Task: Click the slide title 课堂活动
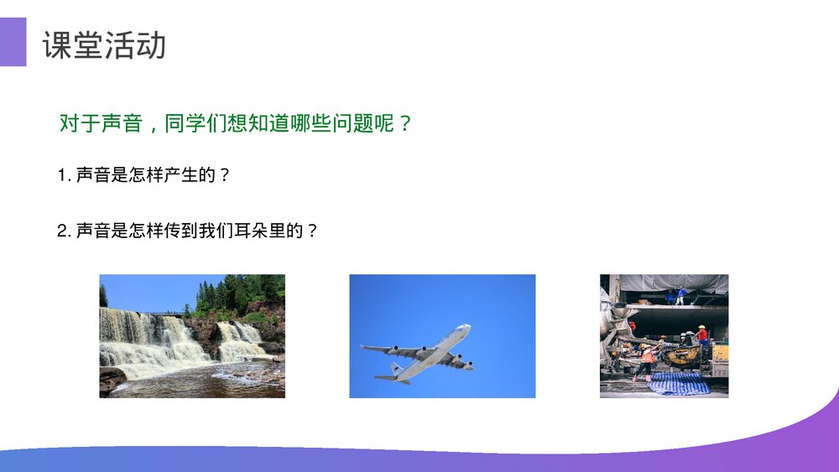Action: [x=104, y=45]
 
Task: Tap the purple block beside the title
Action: [x=13, y=42]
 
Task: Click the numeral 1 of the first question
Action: [x=61, y=175]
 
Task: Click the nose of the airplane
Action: [x=466, y=328]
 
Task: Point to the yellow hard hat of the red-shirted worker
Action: [x=701, y=327]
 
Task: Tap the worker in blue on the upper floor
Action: [x=680, y=293]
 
